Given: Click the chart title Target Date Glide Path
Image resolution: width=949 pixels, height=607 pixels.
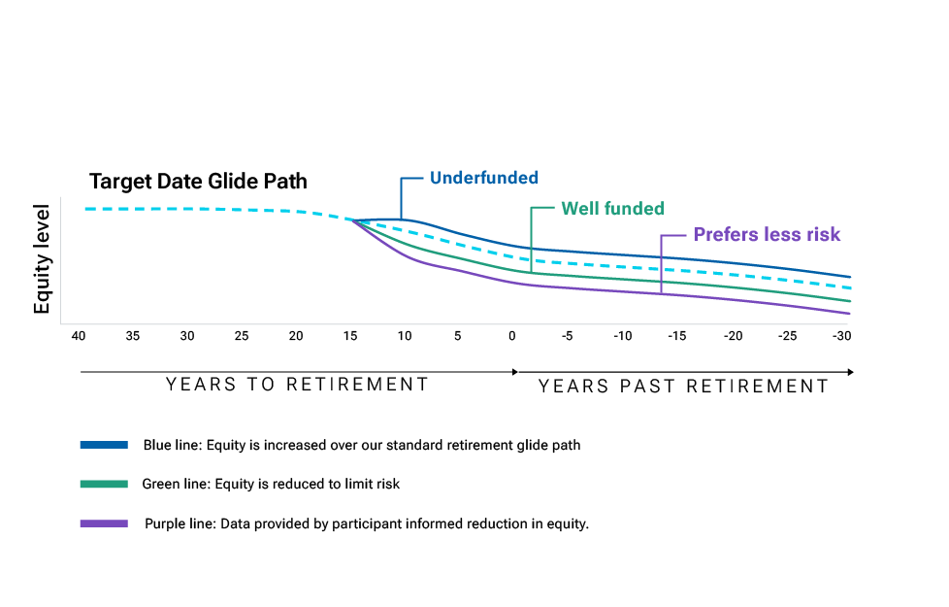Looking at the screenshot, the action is point(198,182).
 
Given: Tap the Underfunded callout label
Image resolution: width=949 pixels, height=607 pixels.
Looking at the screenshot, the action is point(483,178).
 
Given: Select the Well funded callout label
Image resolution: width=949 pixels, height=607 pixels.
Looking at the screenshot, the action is point(612,209).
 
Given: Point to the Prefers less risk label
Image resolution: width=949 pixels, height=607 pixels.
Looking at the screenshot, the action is point(767,234).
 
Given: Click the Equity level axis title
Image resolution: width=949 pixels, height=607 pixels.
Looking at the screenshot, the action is point(41,259).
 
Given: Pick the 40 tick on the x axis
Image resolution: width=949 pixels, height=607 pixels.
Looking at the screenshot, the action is point(78,336).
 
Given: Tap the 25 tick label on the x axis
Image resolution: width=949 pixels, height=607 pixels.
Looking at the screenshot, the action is point(241,336).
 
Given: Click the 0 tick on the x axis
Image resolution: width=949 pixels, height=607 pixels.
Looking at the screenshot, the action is point(512,336).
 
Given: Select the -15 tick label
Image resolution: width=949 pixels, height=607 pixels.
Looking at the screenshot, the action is point(676,336).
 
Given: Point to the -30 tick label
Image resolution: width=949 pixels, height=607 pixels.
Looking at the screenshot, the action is point(841,336).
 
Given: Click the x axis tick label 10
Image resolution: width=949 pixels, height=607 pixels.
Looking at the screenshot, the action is point(405,336).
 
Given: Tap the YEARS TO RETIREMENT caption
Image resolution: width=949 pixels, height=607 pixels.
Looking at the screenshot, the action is point(297,384).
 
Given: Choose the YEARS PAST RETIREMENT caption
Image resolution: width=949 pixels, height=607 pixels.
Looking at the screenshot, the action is point(683,386).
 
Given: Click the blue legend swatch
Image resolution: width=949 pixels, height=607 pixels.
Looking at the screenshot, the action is point(104,445).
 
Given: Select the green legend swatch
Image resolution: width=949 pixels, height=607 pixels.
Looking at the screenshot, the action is point(104,484).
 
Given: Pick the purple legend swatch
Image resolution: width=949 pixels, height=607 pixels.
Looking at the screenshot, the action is point(104,523).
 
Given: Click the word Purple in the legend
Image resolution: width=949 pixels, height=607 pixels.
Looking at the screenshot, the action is point(162,524).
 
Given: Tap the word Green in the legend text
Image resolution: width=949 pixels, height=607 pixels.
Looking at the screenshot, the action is point(158,484).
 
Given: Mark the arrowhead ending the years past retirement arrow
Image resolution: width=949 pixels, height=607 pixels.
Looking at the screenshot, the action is point(850,372).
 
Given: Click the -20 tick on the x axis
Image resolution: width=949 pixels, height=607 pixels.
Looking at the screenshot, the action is point(733,336).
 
